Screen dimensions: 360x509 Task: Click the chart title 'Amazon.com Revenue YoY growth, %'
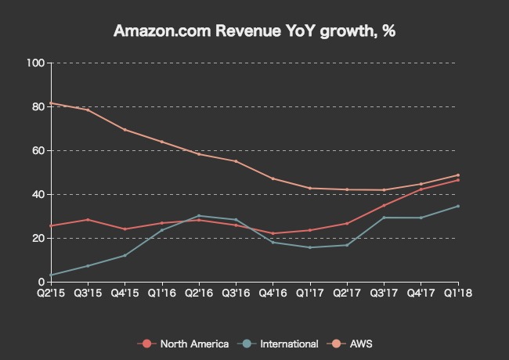coord(254,32)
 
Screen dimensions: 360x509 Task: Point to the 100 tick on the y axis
coord(36,63)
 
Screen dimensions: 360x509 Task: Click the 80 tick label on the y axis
coord(38,106)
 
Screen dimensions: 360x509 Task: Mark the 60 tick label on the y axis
coord(38,150)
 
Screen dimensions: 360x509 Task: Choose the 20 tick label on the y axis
coord(38,238)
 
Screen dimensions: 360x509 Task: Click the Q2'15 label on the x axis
coord(51,293)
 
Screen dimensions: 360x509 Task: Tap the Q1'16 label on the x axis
coord(162,293)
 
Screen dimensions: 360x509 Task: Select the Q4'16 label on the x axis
coord(273,293)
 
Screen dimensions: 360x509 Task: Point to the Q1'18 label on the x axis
coord(458,293)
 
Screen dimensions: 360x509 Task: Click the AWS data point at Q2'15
coord(51,103)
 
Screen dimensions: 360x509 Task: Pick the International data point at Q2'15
coord(51,275)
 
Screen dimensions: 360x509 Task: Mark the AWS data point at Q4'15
coord(125,130)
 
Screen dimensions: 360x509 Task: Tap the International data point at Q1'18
coord(458,206)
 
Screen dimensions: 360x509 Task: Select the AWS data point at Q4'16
coord(273,178)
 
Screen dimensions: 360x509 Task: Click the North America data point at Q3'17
coord(384,205)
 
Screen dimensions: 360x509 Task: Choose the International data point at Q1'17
coord(310,247)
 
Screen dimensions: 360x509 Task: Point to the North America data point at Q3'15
coord(88,219)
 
